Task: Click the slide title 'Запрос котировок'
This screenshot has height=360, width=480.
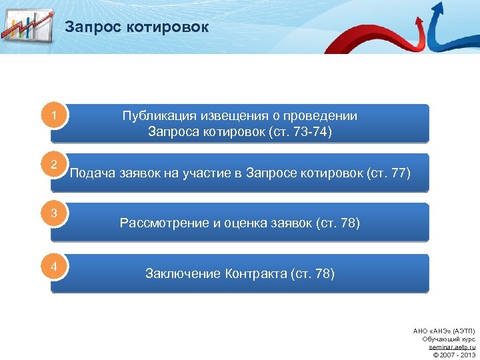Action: click(137, 27)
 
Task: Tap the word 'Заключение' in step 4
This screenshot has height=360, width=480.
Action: click(183, 273)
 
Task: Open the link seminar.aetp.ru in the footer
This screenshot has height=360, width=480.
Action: click(451, 347)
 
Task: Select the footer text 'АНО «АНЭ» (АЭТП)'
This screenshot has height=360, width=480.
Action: click(444, 331)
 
